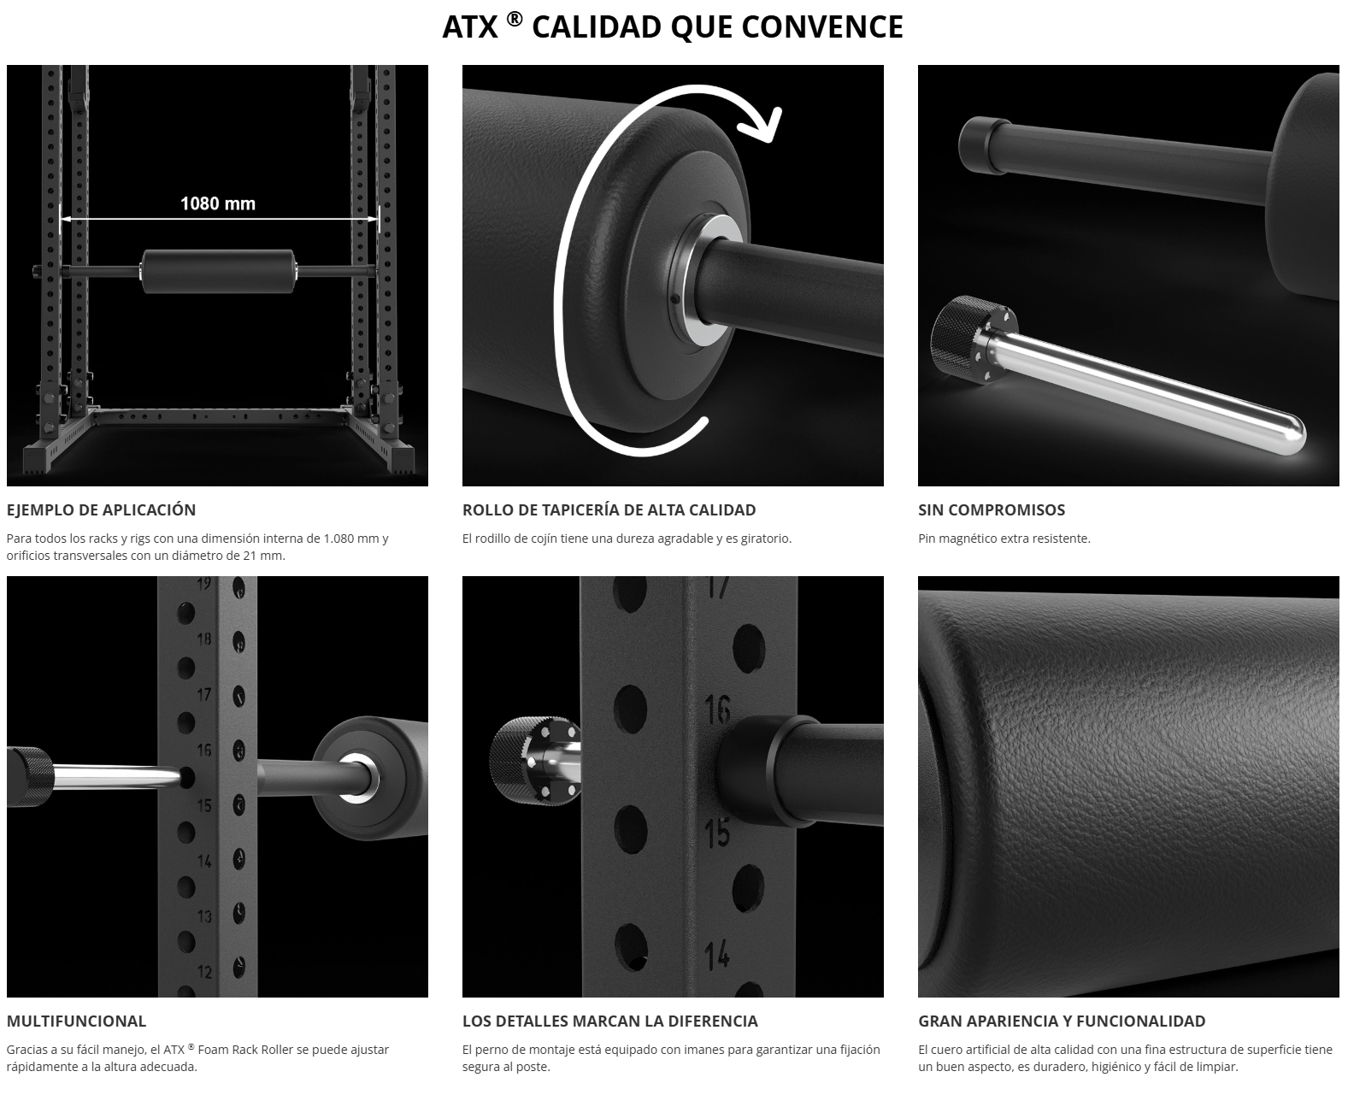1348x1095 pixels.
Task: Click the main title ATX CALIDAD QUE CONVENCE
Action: coord(673,26)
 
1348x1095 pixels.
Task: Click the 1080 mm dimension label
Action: coord(218,203)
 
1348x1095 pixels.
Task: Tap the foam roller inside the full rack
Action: coord(218,271)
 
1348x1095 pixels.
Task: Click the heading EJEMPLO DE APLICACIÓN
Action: coord(101,509)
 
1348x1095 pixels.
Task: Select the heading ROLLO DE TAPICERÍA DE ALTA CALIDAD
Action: coord(609,509)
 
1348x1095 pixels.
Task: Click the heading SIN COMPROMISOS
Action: coord(991,509)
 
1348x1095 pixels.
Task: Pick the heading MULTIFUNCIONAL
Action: coord(76,1021)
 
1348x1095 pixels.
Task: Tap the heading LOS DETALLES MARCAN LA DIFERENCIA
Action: coord(609,1021)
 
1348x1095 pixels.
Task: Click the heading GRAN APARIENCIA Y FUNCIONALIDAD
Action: coord(1062,1021)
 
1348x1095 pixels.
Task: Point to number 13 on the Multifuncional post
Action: coord(204,915)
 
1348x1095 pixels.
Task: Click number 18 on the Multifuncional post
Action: coord(204,639)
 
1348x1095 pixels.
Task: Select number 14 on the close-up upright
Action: coord(717,955)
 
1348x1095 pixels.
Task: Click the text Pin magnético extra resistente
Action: coord(1004,539)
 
